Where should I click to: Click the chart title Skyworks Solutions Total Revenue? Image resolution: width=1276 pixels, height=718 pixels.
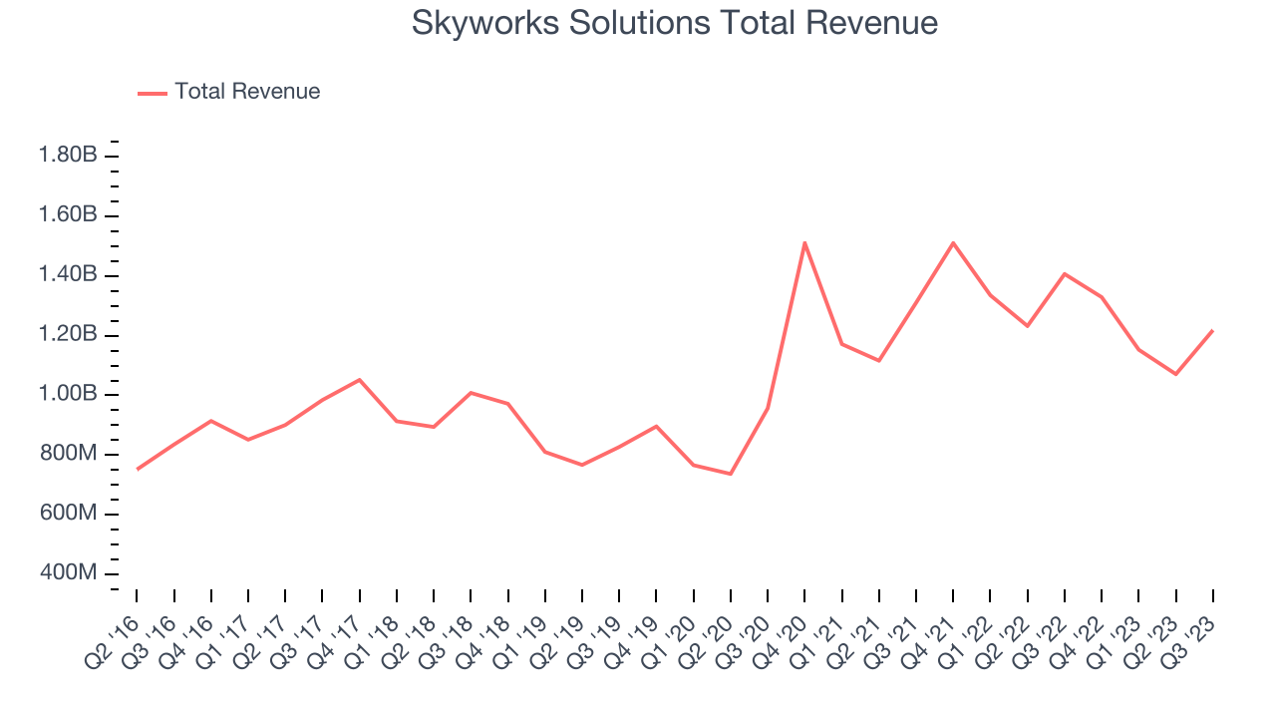point(675,23)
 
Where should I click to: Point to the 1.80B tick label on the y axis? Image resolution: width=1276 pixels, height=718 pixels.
point(68,156)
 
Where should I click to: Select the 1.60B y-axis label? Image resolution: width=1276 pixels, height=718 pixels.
point(68,215)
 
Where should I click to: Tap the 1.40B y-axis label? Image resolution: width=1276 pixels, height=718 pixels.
point(68,275)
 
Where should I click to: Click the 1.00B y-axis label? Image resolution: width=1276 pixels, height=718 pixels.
point(68,395)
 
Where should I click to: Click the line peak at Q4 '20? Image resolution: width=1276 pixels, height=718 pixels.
point(804,242)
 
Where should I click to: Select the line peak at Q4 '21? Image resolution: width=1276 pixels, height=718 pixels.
point(953,242)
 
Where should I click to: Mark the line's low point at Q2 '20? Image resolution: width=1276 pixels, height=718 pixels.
point(731,474)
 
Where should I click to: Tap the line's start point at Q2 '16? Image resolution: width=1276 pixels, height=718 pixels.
point(138,469)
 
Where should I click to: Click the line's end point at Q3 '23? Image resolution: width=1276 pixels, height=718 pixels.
point(1212,330)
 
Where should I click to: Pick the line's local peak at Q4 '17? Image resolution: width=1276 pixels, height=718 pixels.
point(359,379)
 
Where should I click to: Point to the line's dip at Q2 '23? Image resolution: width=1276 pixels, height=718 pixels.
point(1175,374)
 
